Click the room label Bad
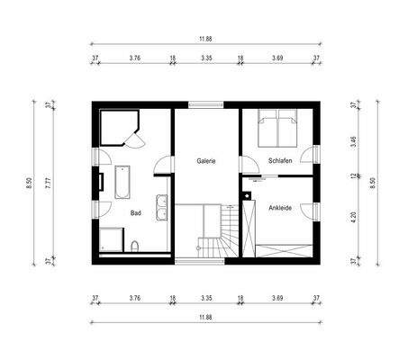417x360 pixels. (135, 213)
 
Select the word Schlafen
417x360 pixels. (280, 160)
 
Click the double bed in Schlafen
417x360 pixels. (278, 128)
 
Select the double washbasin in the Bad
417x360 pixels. (162, 206)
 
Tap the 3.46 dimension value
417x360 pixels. (354, 142)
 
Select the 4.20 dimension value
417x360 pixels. (354, 216)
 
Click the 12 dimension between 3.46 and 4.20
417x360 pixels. (354, 176)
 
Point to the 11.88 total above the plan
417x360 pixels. (206, 39)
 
